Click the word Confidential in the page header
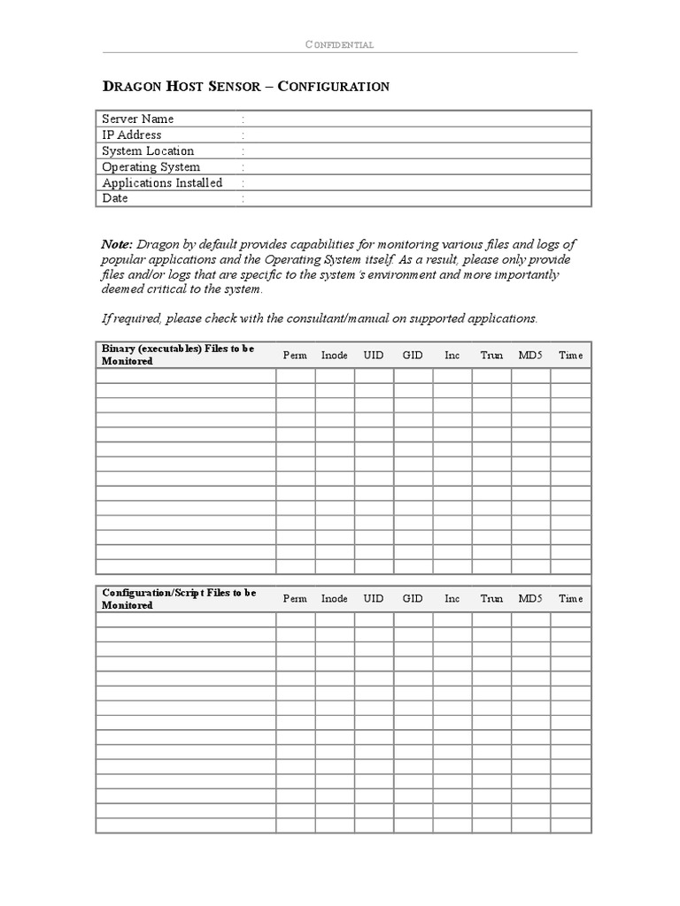tap(339, 44)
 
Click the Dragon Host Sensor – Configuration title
tap(246, 86)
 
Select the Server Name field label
tap(138, 119)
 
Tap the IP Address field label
tap(132, 134)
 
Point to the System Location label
tap(148, 150)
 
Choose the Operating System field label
tap(151, 166)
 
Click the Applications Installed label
tap(162, 182)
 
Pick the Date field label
tap(115, 198)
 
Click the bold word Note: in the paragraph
tap(117, 243)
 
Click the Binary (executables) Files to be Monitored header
tap(178, 355)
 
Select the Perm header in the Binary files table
tap(295, 355)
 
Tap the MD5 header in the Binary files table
tap(530, 355)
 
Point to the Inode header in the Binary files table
tap(334, 355)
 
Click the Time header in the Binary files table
tap(570, 355)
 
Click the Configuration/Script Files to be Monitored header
tap(179, 599)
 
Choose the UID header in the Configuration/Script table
tap(374, 599)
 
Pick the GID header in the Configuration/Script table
tap(413, 599)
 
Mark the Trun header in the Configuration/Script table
tap(491, 599)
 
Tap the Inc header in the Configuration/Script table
tap(452, 599)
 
